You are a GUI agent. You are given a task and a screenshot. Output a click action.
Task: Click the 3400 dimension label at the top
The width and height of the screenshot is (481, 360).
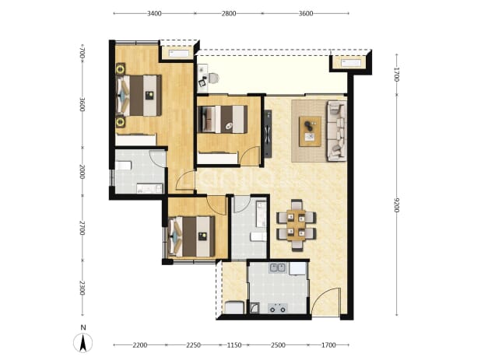point(154,13)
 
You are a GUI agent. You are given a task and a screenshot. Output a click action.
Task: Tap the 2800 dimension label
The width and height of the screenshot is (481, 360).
point(229,13)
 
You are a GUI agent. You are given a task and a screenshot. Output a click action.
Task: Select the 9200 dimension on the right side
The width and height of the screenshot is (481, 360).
point(397,205)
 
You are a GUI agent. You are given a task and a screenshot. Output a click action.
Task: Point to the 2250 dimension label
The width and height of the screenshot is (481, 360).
point(193,345)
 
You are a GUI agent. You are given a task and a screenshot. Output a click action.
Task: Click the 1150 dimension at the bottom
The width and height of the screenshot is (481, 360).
point(234,345)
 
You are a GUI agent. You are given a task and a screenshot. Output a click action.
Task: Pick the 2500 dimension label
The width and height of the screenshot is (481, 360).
point(278,345)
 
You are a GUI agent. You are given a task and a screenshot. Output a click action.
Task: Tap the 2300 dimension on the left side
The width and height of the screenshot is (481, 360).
point(82,288)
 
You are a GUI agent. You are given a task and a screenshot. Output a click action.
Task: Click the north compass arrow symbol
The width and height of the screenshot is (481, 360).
point(83,343)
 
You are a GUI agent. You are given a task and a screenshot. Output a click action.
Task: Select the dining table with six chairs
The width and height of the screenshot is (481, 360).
point(297,225)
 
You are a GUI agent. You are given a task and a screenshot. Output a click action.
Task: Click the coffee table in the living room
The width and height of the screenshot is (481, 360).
point(310,131)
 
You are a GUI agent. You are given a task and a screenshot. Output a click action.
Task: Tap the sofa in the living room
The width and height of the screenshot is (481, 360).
point(337,131)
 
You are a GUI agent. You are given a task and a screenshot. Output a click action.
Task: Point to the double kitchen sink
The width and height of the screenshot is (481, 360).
point(277,268)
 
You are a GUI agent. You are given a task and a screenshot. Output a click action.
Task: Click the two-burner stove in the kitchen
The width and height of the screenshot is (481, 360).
point(278,308)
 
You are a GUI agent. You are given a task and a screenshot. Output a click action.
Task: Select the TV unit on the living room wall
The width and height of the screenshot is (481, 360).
point(268,134)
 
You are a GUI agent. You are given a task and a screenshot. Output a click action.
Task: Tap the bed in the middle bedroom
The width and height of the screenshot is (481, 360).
point(223,120)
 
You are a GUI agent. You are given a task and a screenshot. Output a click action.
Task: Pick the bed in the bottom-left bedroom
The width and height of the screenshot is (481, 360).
point(191,236)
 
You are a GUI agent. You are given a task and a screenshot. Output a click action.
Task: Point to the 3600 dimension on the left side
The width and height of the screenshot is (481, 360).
point(82,104)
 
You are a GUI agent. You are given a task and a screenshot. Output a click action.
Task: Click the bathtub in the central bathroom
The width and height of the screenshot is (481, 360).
point(261,214)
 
